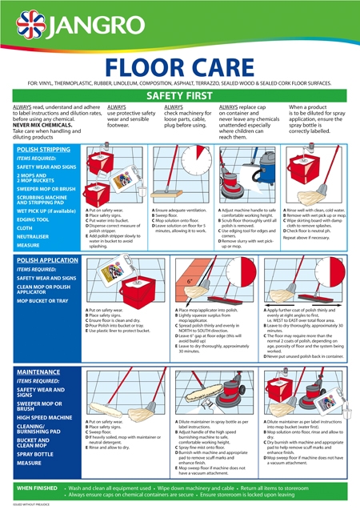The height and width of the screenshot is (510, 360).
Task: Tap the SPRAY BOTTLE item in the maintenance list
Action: click(34, 452)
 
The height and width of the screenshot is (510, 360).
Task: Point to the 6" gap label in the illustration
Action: click(189, 281)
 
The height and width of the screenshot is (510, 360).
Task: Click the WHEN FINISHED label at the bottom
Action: click(37, 487)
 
